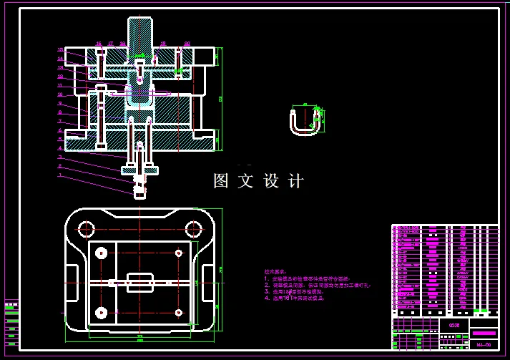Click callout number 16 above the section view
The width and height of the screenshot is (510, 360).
(99, 44)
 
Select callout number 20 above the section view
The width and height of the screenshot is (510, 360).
(187, 44)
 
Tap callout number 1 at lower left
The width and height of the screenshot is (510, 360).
(61, 175)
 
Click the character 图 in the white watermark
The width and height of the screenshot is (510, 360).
(222, 181)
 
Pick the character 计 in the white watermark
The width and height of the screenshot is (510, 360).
(296, 181)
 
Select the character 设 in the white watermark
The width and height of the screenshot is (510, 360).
(272, 181)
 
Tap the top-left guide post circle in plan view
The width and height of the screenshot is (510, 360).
(86, 229)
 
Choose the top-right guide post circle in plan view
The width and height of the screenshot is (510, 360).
(193, 229)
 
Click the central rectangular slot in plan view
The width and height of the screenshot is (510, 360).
(139, 282)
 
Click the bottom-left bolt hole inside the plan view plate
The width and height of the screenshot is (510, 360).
(101, 313)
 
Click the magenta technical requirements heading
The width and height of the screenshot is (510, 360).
(275, 272)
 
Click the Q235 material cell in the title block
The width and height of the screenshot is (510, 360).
(453, 325)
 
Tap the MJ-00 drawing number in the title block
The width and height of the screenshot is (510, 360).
(484, 345)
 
